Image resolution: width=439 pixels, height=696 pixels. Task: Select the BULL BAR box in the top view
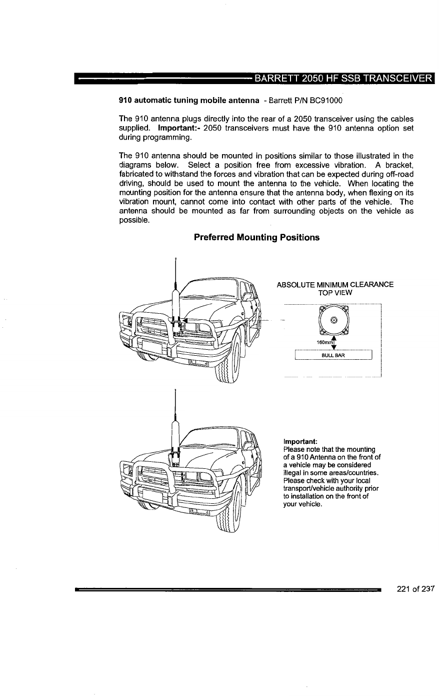click(x=334, y=355)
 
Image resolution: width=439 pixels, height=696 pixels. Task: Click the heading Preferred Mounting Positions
click(x=256, y=237)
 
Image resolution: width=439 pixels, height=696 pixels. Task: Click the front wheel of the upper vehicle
click(x=228, y=367)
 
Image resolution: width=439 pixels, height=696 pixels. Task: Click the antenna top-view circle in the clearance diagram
click(x=334, y=320)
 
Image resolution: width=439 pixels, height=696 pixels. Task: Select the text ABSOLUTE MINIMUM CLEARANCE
click(x=335, y=285)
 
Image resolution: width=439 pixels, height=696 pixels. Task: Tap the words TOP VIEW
click(x=335, y=293)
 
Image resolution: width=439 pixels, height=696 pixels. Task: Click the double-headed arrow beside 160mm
click(x=334, y=343)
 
